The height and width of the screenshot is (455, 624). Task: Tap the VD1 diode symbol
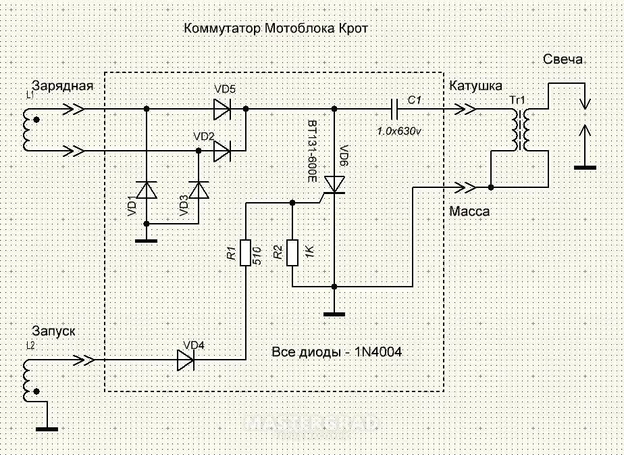[x=147, y=191]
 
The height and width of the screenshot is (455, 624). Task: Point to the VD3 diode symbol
[x=199, y=191]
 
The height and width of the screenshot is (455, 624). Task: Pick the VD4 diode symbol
[x=186, y=360]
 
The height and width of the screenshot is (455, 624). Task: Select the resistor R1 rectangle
[x=246, y=253]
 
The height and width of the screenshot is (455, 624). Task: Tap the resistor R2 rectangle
[x=292, y=253]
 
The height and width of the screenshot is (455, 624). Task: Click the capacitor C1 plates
[x=394, y=108]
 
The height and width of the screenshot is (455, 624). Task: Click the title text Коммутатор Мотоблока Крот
[x=277, y=30]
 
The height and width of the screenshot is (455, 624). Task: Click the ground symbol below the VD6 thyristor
[x=335, y=312]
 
